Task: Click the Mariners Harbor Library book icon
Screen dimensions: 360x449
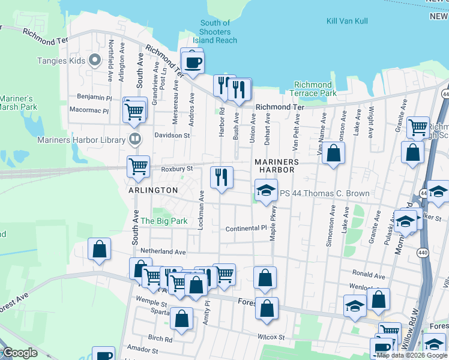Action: [136, 140]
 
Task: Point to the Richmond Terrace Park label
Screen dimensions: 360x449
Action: [313, 89]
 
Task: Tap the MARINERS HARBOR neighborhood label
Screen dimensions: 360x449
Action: [277, 166]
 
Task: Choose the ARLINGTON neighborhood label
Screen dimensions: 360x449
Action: [152, 190]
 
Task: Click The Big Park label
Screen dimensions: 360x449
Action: [164, 221]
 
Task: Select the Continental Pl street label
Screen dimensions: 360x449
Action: [246, 229]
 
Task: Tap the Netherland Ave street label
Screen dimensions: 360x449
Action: [163, 251]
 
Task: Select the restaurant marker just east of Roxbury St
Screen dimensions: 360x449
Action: [221, 177]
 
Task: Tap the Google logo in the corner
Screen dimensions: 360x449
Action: [19, 353]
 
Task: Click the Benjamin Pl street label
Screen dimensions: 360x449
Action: [94, 97]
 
